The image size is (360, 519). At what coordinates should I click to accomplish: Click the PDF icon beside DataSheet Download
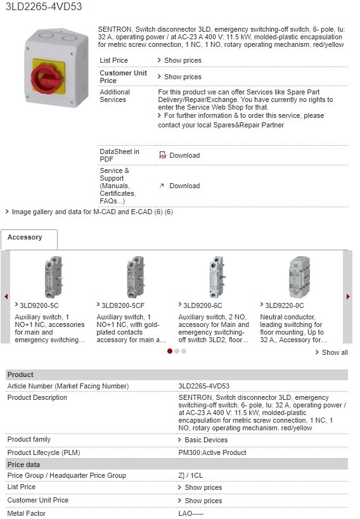pyautogui.click(x=163, y=155)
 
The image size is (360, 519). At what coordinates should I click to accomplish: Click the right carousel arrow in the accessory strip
pyautogui.click(x=348, y=297)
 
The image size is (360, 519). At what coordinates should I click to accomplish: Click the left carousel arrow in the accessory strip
pyautogui.click(x=6, y=297)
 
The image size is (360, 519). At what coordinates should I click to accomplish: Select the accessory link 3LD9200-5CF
pyautogui.click(x=123, y=305)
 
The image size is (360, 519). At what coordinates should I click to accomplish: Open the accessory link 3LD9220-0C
pyautogui.click(x=285, y=305)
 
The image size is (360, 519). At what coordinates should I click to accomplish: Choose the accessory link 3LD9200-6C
pyautogui.click(x=203, y=305)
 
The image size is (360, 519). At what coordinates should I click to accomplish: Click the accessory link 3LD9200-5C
pyautogui.click(x=39, y=305)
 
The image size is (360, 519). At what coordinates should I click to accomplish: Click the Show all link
pyautogui.click(x=335, y=352)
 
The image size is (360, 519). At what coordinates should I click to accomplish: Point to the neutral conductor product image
pyautogui.click(x=299, y=277)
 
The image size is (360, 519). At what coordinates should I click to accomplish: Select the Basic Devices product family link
pyautogui.click(x=206, y=440)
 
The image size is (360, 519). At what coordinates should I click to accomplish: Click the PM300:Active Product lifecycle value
pyautogui.click(x=212, y=452)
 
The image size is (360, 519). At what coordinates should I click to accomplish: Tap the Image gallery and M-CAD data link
pyautogui.click(x=93, y=212)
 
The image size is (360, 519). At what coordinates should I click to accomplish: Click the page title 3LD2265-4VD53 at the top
pyautogui.click(x=44, y=6)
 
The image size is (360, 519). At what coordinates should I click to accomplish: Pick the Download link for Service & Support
pyautogui.click(x=184, y=186)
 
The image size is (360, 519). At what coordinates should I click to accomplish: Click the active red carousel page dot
pyautogui.click(x=170, y=351)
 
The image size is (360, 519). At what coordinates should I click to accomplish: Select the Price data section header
pyautogui.click(x=23, y=465)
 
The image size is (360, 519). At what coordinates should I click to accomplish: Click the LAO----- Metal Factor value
pyautogui.click(x=191, y=513)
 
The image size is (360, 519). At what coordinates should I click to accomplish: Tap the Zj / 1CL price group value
pyautogui.click(x=190, y=475)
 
